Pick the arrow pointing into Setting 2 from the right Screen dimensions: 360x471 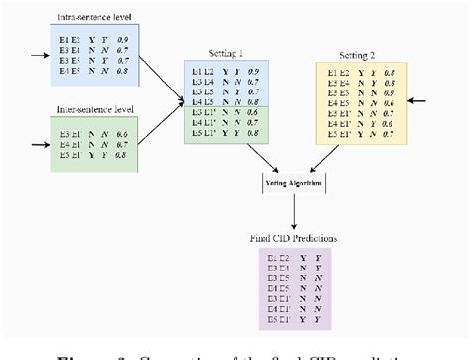coord(422,99)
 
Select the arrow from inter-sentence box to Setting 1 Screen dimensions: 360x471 coord(159,117)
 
